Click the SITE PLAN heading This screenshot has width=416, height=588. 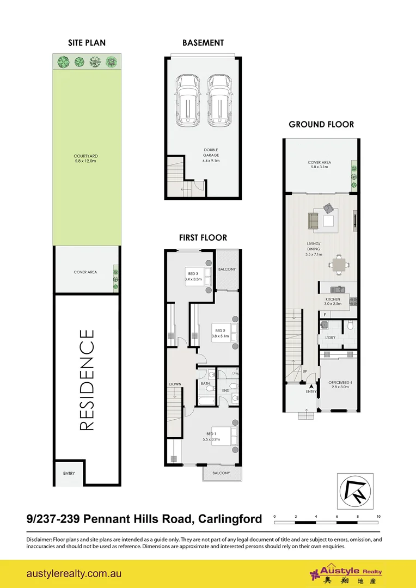87,42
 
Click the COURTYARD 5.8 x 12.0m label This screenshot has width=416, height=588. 86,158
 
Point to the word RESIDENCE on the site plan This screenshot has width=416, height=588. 87,379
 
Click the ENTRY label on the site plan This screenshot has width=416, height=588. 69,473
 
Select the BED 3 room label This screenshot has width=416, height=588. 193,276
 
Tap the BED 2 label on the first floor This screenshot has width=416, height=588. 220,333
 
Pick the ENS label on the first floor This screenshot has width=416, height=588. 225,390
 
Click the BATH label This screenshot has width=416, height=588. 205,383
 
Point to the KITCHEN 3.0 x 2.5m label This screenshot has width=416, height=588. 333,302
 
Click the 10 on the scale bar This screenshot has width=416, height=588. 378,516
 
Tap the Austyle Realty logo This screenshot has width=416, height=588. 346,574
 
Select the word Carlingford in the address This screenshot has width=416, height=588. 229,519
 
